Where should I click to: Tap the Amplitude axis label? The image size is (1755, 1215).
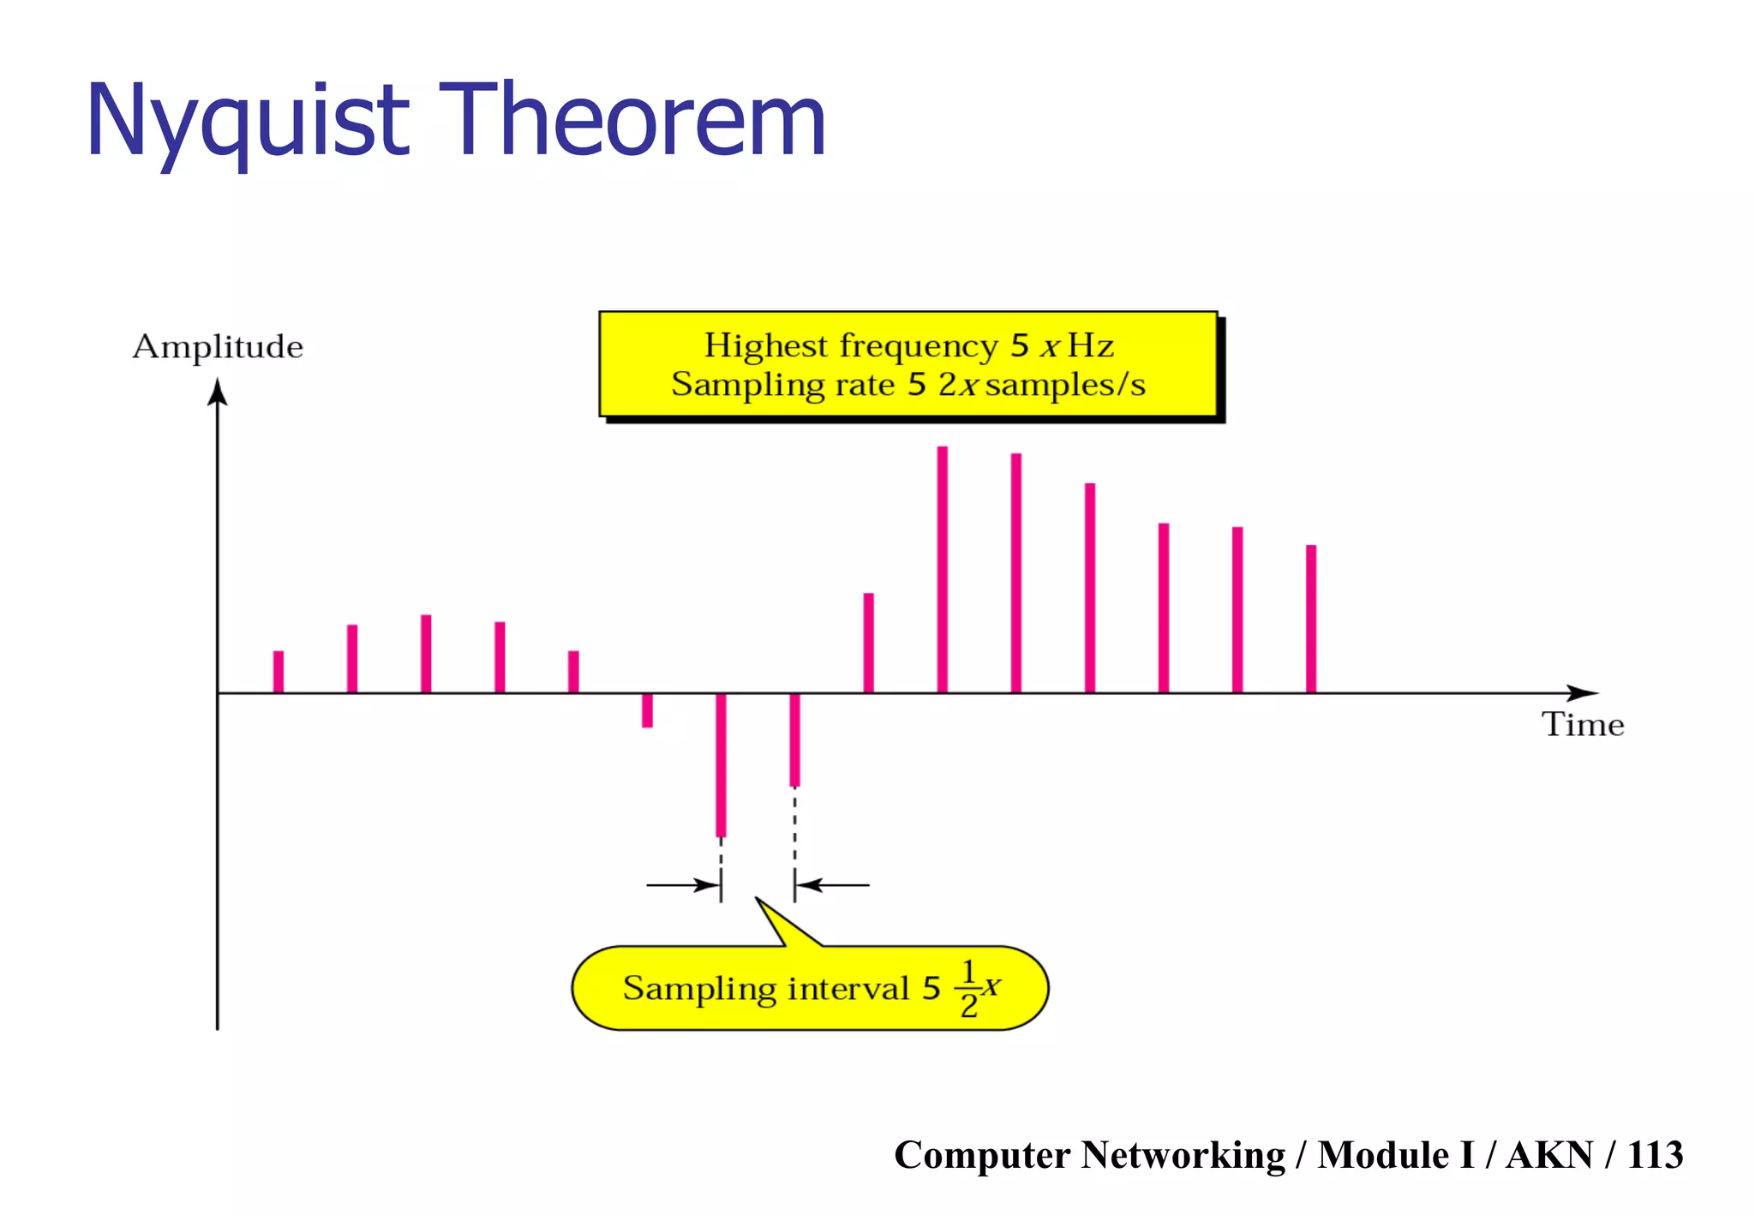[218, 347]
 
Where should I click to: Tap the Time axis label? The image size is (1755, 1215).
[1583, 725]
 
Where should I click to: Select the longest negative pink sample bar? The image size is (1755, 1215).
[721, 764]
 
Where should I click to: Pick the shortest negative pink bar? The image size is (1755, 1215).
[647, 710]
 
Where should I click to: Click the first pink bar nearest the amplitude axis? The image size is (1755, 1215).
[279, 671]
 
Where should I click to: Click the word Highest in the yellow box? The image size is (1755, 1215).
[766, 346]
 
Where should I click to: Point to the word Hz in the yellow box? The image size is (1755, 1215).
[1090, 346]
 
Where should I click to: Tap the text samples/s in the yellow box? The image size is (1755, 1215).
[1065, 386]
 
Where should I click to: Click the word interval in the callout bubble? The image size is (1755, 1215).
[848, 989]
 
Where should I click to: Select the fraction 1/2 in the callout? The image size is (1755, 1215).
[968, 989]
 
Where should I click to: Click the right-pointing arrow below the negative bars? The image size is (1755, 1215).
[683, 884]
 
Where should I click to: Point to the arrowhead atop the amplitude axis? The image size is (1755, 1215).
[218, 392]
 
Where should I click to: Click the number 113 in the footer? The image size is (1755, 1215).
[1655, 1155]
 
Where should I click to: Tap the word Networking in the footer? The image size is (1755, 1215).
[1183, 1155]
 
